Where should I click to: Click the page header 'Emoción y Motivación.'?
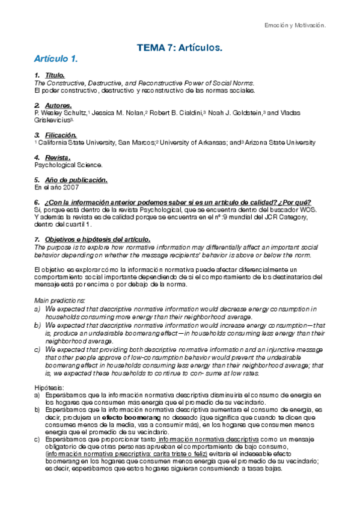tap(295, 25)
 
